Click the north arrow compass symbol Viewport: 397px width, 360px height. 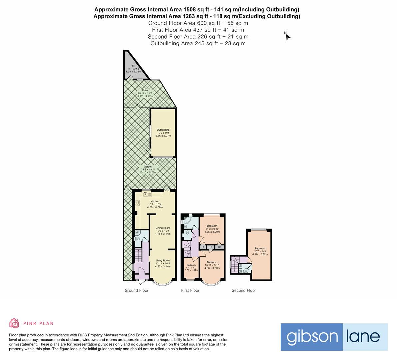click(288, 37)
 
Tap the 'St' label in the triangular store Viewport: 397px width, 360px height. click(133, 66)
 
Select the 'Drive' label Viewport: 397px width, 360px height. click(145, 90)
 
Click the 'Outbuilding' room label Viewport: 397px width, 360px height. click(163, 130)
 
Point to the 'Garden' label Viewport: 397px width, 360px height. click(148, 167)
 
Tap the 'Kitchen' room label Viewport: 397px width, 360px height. click(155, 201)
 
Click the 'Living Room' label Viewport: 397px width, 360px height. click(163, 260)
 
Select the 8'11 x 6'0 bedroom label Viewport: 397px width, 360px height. click(191, 265)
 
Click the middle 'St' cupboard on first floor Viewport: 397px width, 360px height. click(211, 247)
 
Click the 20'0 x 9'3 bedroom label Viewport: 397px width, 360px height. click(260, 248)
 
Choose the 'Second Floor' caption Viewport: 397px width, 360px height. click(244, 290)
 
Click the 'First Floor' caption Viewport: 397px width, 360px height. click(190, 290)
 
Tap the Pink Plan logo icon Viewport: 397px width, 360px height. click(14, 323)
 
